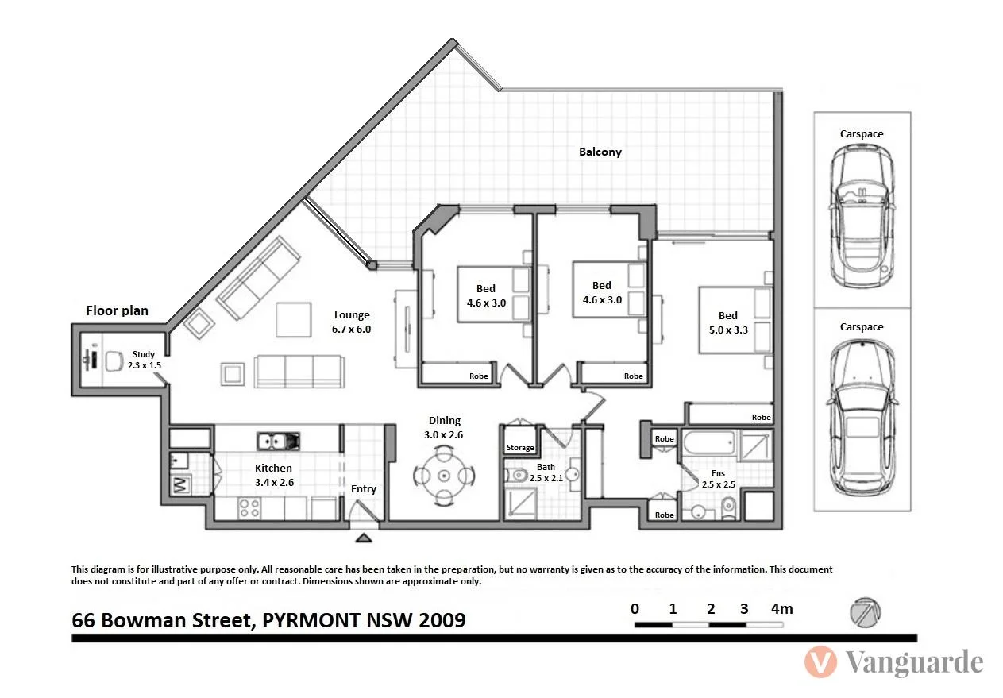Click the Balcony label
(x=600, y=152)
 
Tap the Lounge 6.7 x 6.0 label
(x=352, y=322)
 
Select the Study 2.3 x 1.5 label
(x=144, y=360)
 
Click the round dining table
(x=444, y=476)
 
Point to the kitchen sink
(x=278, y=440)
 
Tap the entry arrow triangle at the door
(x=364, y=538)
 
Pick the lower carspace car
(x=862, y=418)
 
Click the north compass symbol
(x=864, y=612)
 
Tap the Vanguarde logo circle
(x=820, y=662)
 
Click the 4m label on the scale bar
(x=781, y=609)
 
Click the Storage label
(x=520, y=448)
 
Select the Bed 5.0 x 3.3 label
(x=727, y=322)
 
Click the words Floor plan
(x=117, y=310)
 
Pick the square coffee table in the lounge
(x=295, y=319)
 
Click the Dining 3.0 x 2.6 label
(x=444, y=427)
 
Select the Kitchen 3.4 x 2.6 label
(x=273, y=474)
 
